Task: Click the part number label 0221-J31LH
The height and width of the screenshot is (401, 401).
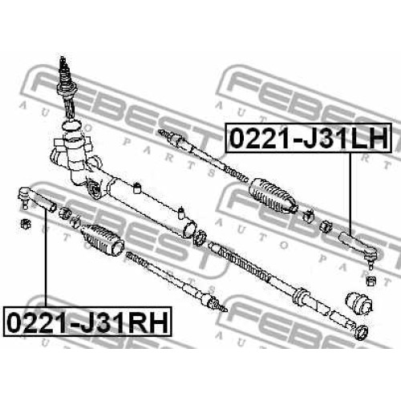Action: coord(308,138)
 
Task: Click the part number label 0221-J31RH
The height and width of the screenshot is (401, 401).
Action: coord(87,322)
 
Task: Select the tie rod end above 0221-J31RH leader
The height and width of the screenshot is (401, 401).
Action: coord(36,200)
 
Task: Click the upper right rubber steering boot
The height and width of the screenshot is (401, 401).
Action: coord(273,196)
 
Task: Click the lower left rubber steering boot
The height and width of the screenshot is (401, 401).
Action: coord(103,239)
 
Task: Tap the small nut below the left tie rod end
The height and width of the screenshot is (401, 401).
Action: coord(26,223)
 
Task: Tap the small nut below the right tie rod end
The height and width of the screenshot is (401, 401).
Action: coord(371,281)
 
